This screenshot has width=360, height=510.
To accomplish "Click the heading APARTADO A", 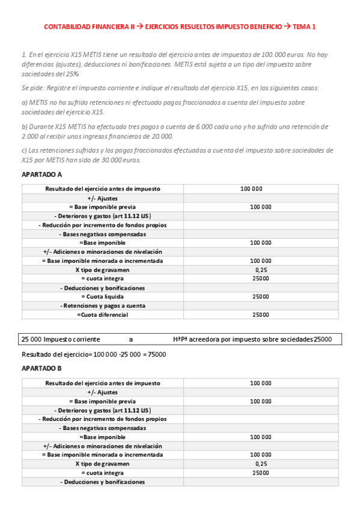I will (41, 174).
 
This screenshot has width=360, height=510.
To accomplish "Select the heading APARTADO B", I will (41, 368).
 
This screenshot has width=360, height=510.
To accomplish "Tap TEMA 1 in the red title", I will (304, 26).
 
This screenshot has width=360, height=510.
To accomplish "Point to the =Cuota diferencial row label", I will (102, 315).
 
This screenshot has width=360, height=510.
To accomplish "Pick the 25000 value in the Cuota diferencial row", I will (260, 315).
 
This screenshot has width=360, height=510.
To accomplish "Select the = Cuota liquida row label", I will (102, 296).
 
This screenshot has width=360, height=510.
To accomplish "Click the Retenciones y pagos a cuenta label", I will (102, 306).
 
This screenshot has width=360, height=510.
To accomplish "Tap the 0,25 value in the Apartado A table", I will (260, 270).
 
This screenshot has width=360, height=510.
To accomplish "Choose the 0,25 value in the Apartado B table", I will (260, 464).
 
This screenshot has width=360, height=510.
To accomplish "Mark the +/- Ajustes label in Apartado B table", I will (102, 392).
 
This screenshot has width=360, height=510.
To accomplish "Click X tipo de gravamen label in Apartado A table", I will (102, 270).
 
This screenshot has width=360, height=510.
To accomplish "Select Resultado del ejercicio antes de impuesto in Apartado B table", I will (102, 382).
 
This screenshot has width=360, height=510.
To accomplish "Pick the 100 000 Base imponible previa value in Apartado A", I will (260, 207).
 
